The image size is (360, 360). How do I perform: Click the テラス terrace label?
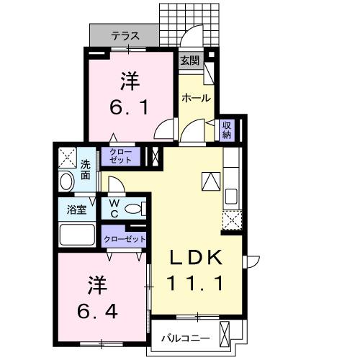[x=125, y=35]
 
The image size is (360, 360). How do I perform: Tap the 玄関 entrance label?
[x=189, y=61]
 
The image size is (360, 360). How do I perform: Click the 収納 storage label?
[x=226, y=130]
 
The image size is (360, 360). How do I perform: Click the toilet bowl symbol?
[x=134, y=210]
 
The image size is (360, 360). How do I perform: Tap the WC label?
[x=114, y=209]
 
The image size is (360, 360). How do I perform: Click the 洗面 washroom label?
[x=86, y=168]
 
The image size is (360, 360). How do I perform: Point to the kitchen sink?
[x=232, y=196]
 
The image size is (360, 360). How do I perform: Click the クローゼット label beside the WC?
[x=125, y=239]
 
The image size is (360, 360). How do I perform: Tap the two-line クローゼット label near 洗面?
[x=120, y=157]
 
